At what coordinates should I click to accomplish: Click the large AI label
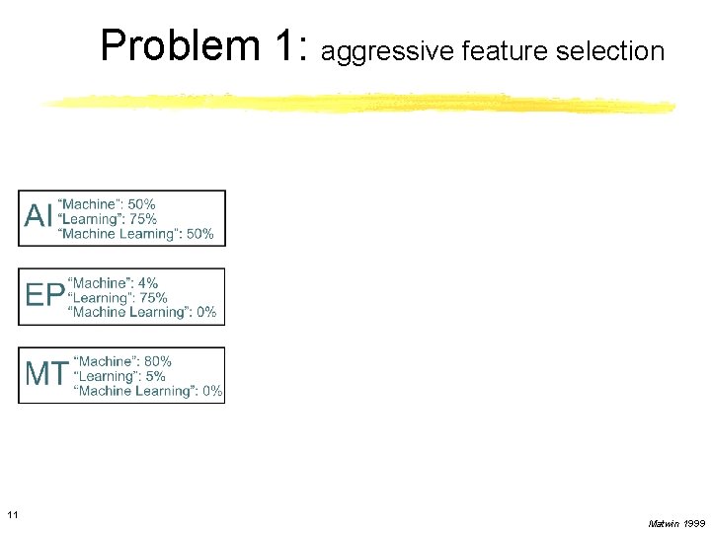click(x=39, y=216)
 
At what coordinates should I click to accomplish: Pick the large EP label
click(x=44, y=295)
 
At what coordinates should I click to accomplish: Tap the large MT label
click(x=46, y=374)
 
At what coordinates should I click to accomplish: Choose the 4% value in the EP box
click(x=146, y=283)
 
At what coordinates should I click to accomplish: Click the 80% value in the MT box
click(x=157, y=362)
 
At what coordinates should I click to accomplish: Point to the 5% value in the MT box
click(x=154, y=376)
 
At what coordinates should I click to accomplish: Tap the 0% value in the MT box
click(x=211, y=391)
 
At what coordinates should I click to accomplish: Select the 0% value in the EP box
click(x=205, y=312)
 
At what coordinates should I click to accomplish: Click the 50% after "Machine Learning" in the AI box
click(x=199, y=234)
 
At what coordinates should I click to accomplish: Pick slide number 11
click(x=12, y=514)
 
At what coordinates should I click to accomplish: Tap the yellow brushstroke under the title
click(x=355, y=103)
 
